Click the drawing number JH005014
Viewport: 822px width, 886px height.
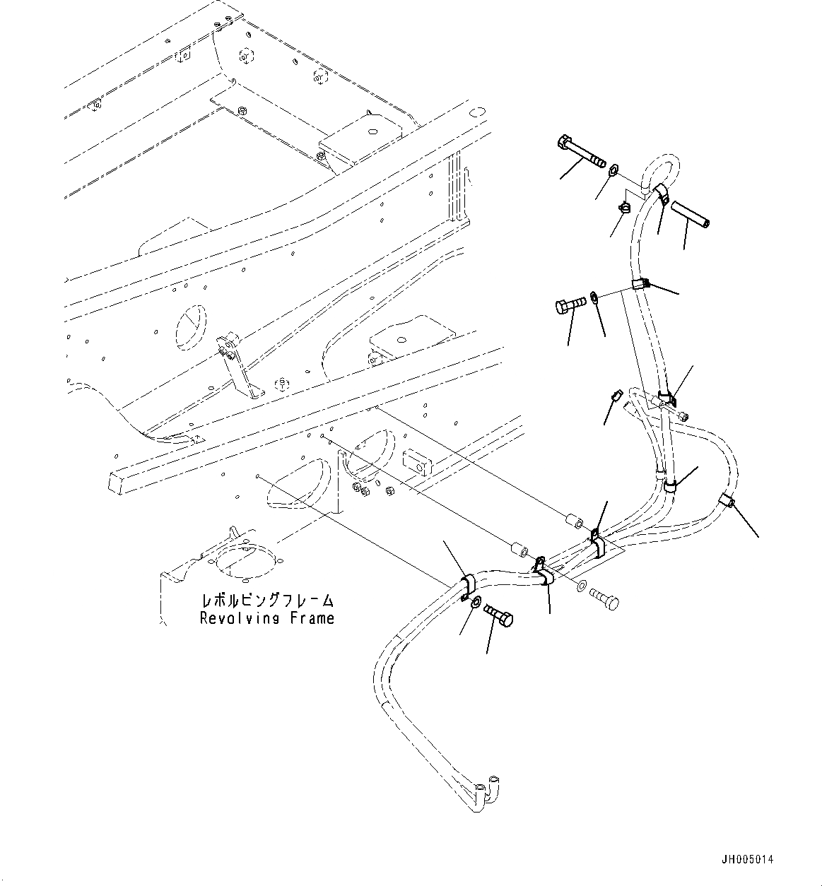tap(747, 860)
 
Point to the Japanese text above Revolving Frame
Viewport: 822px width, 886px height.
tap(267, 601)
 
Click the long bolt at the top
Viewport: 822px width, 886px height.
tap(580, 153)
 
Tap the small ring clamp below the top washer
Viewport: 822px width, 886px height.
tap(625, 207)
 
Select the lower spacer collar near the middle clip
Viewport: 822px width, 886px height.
tap(519, 549)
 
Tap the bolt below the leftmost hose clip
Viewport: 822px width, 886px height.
tap(499, 617)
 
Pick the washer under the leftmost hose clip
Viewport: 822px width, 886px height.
tap(476, 602)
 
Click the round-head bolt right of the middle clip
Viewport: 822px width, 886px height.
tap(604, 600)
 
